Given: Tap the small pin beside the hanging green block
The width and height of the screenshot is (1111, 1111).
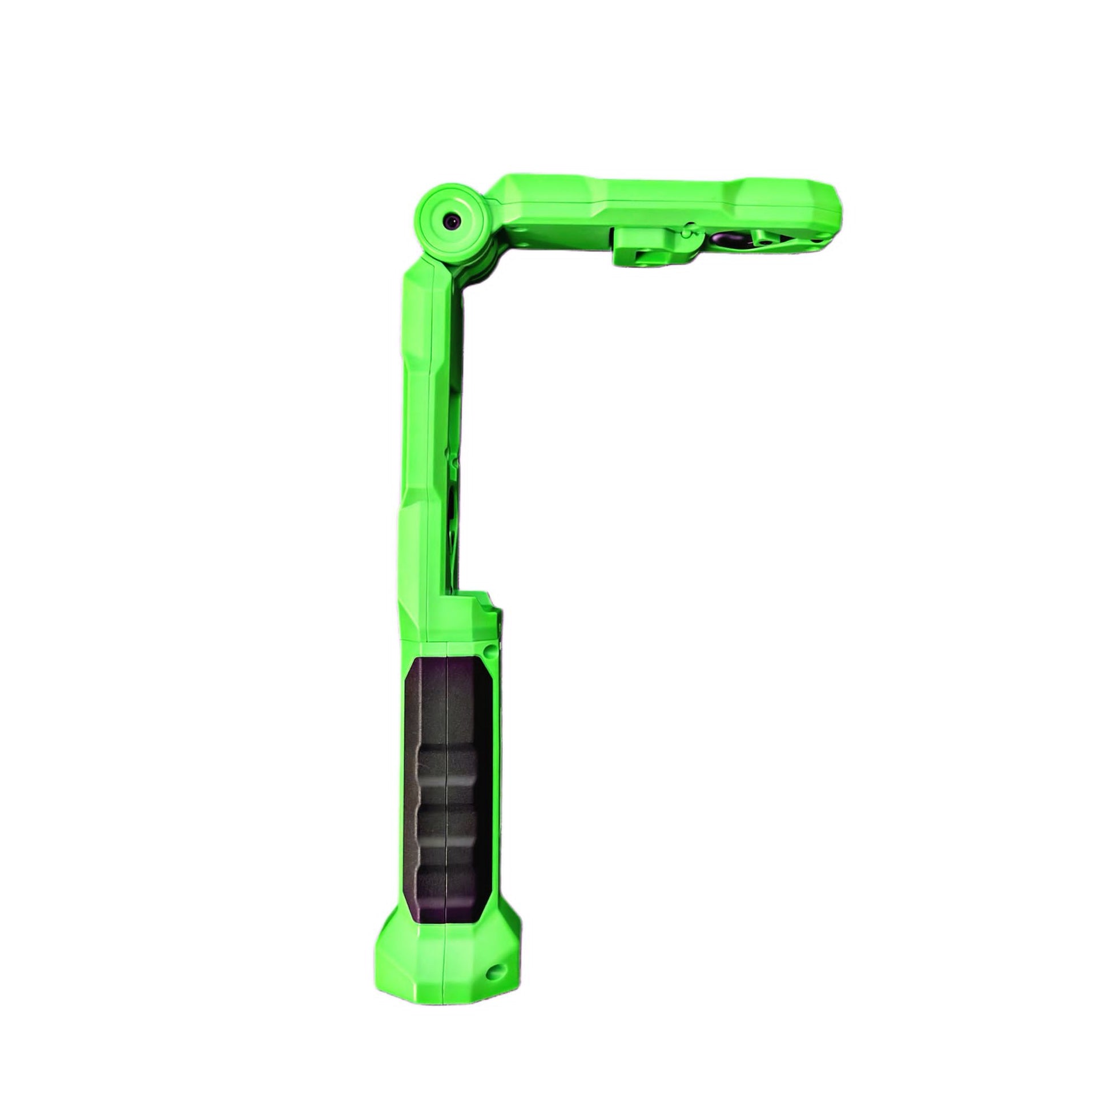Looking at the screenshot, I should (x=686, y=233).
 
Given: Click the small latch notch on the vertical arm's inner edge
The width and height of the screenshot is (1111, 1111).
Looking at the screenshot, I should (x=455, y=460).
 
